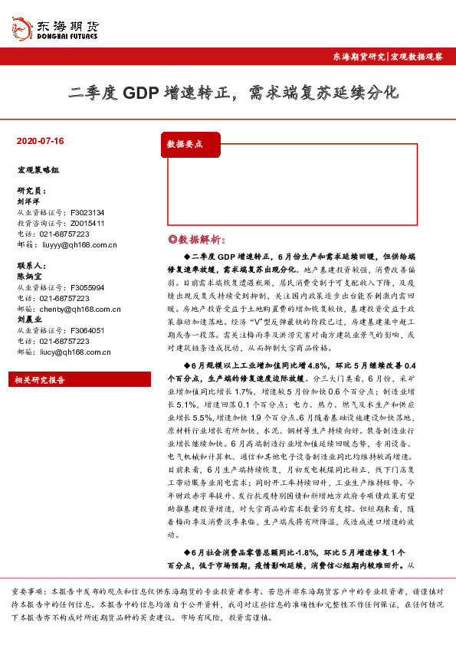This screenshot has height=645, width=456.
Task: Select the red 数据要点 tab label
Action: (185, 143)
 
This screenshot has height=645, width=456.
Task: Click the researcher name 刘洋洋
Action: (28, 201)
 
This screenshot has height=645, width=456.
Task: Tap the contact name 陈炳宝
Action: (28, 277)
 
